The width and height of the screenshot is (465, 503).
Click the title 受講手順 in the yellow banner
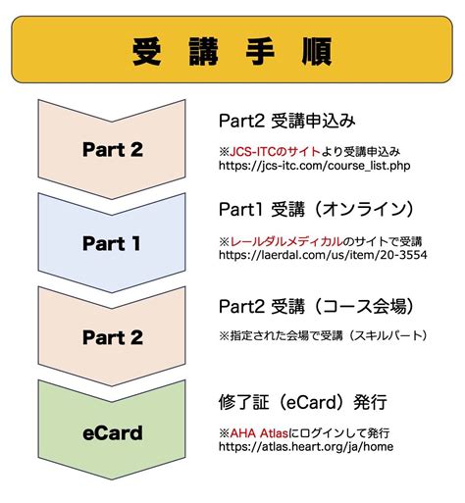[232, 50]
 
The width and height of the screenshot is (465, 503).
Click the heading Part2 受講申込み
[285, 121]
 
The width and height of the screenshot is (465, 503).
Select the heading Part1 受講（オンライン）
[309, 209]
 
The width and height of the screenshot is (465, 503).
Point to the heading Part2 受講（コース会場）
[316, 304]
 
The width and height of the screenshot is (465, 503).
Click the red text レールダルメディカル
[285, 240]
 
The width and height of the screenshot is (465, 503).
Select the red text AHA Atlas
[258, 430]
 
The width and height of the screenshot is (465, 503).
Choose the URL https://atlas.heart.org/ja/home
[307, 445]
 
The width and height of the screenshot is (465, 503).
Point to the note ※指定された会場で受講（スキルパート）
[323, 334]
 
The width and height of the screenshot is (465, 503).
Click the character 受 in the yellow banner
[148, 50]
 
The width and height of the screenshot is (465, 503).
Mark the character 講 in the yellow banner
[204, 50]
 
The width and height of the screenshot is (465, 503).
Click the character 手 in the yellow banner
[260, 50]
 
